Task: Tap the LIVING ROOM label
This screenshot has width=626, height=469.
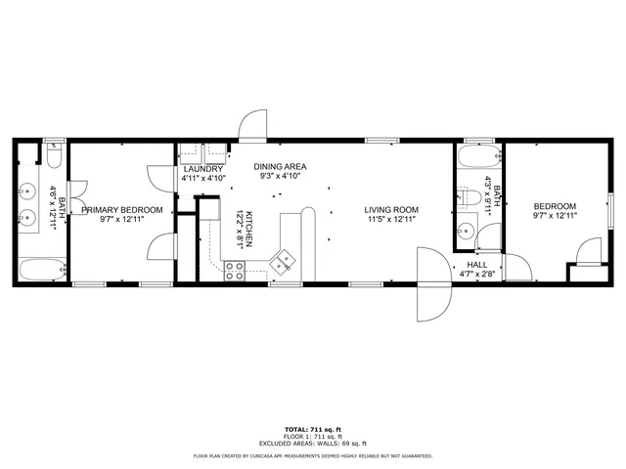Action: (391, 210)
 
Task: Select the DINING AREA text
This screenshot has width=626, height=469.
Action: (281, 167)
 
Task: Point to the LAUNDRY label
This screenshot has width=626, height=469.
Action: (203, 169)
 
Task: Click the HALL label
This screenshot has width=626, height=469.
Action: (476, 265)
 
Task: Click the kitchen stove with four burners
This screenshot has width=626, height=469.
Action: (235, 271)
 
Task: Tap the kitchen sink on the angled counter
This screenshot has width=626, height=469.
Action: (283, 262)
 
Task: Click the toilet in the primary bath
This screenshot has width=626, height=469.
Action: (54, 154)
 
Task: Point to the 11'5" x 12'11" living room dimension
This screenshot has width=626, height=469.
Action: (391, 220)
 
